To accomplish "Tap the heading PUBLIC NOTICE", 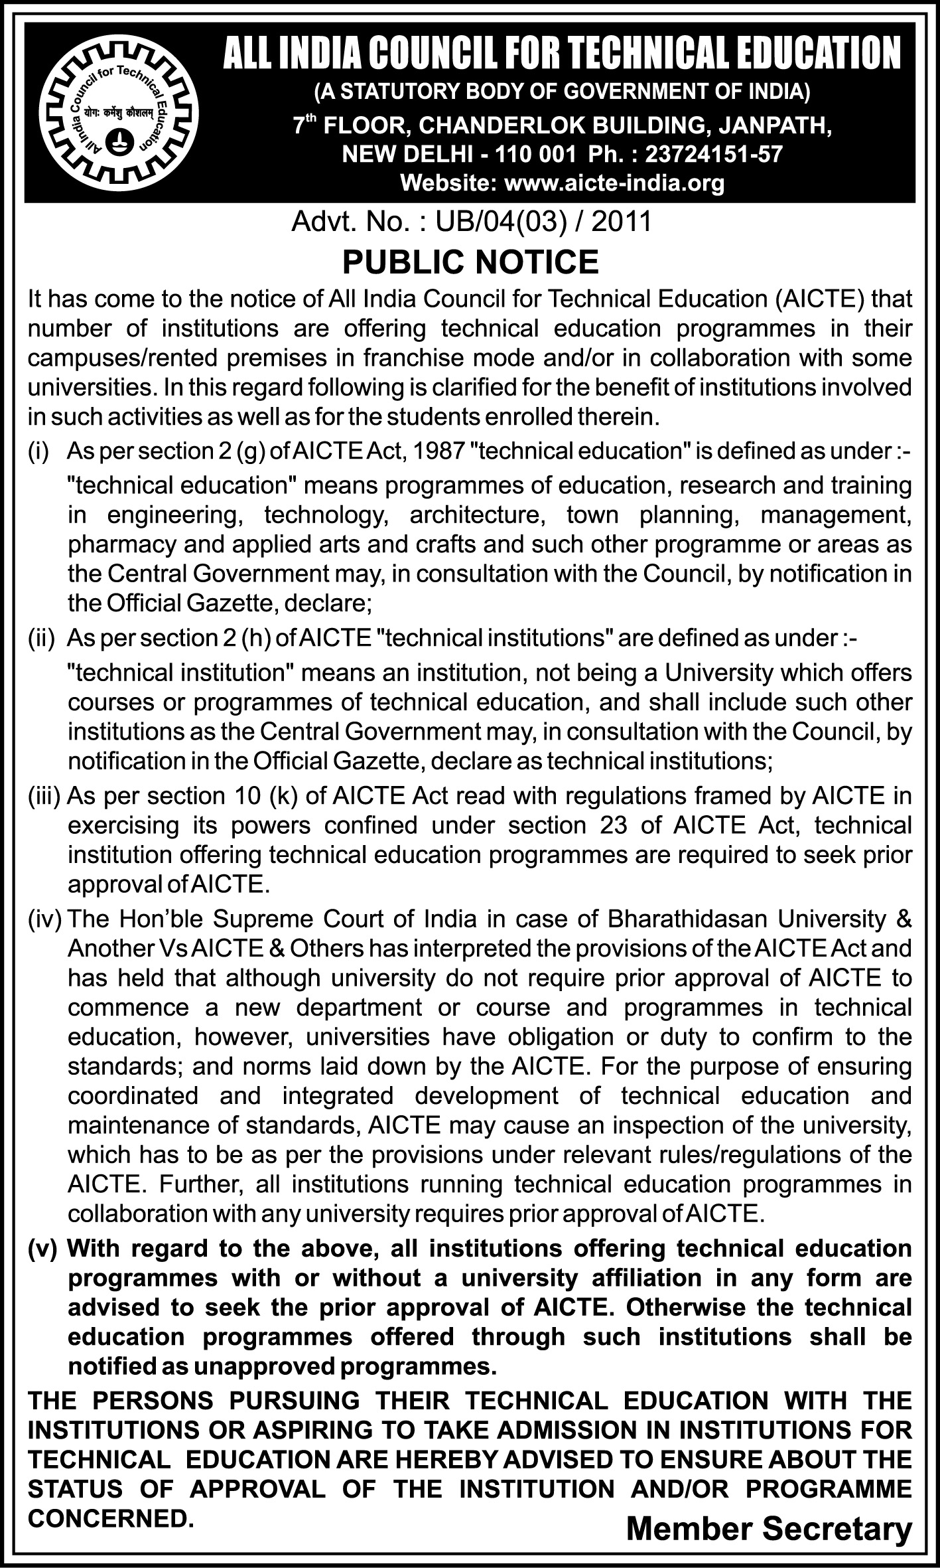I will [x=470, y=262].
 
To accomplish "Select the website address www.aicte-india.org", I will [x=614, y=183].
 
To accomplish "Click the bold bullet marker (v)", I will [x=43, y=1249].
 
